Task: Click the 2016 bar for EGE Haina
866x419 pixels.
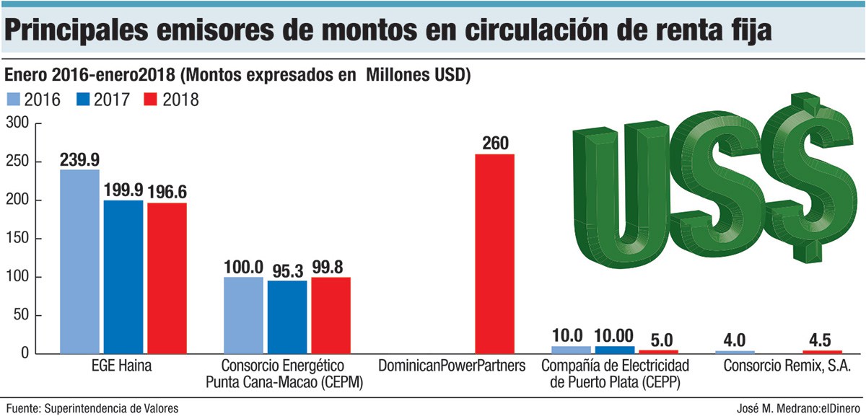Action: point(79,261)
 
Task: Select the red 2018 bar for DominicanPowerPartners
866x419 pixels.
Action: point(494,254)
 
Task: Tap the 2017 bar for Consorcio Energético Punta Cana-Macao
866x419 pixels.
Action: point(287,317)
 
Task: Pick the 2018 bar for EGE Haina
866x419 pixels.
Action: point(167,278)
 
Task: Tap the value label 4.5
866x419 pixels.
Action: point(823,340)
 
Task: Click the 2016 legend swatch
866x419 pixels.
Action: point(14,99)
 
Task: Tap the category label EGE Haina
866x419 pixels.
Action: point(123,366)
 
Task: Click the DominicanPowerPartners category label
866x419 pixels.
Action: point(452,366)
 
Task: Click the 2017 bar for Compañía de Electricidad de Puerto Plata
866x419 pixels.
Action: point(615,350)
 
